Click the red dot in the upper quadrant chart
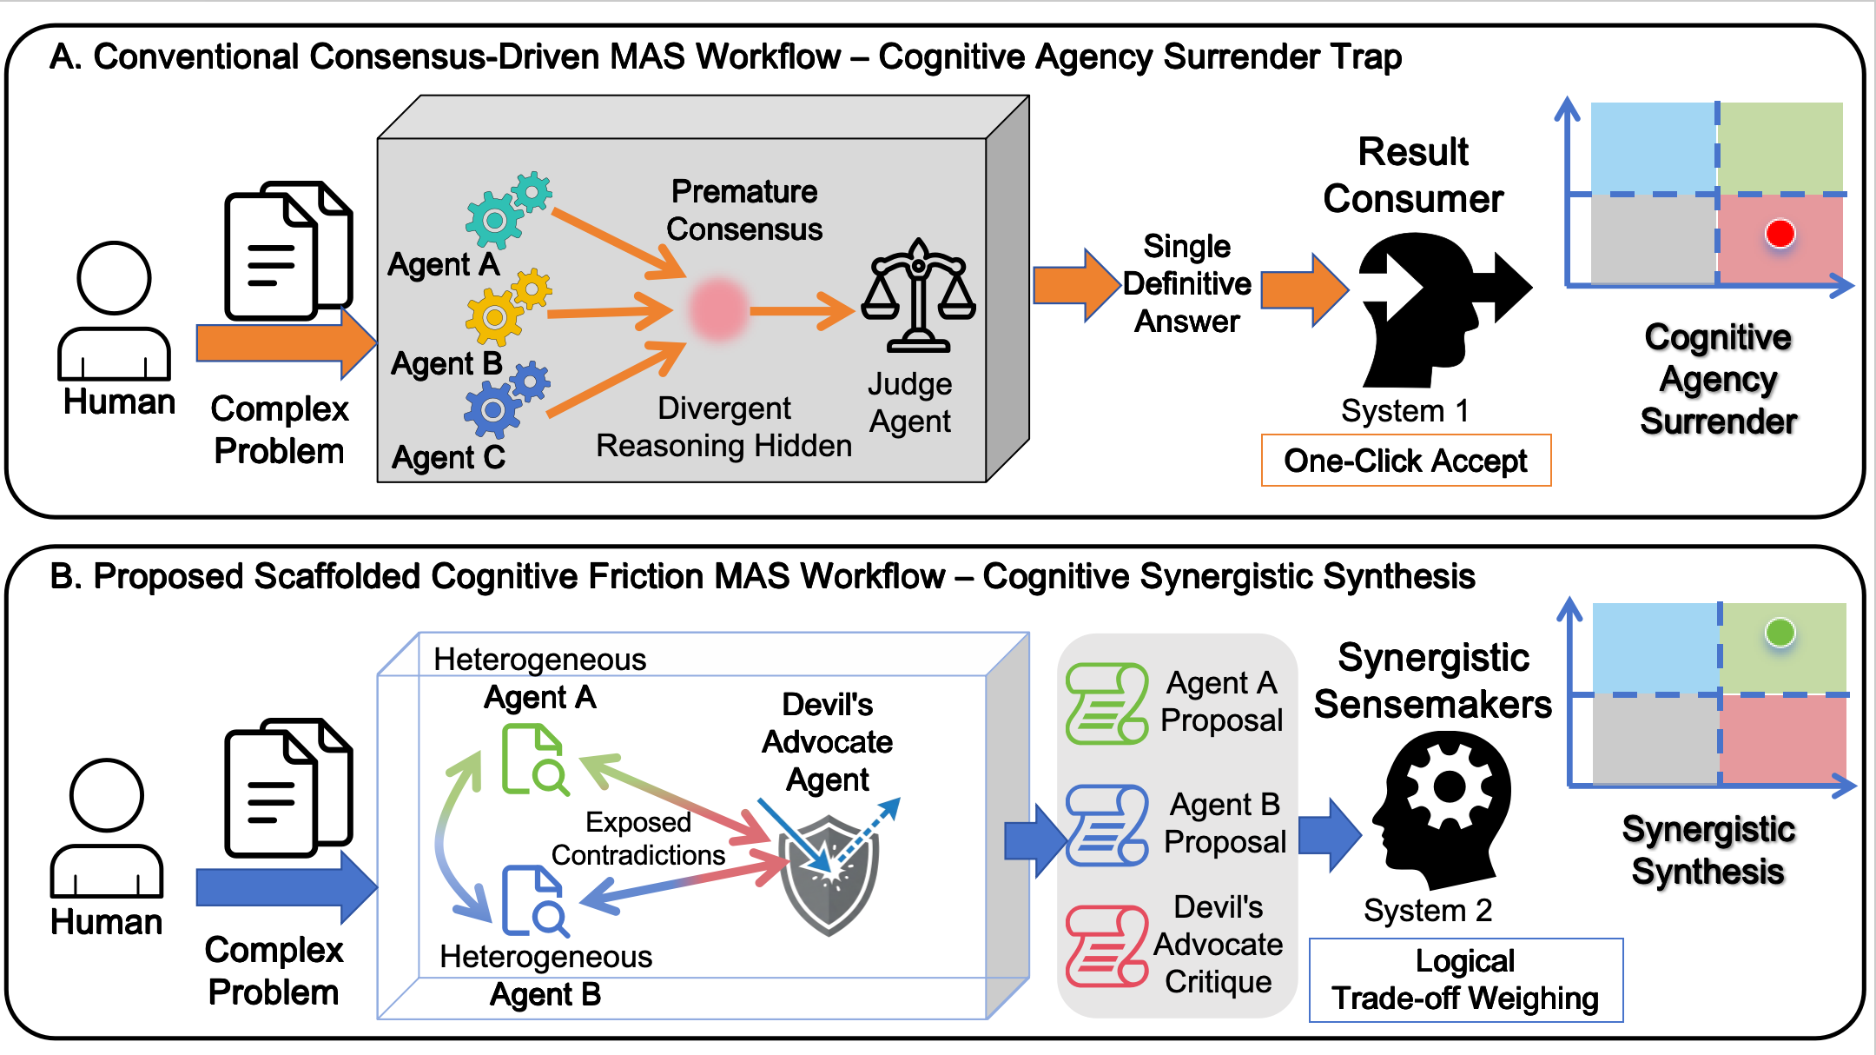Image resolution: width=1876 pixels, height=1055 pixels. (x=1780, y=234)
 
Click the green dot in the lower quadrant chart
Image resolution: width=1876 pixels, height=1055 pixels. (x=1780, y=632)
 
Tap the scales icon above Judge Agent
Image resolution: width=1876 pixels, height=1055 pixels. (x=919, y=295)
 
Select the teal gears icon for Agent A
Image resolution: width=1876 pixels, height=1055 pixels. (x=508, y=209)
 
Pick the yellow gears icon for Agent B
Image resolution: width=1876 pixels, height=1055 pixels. (x=508, y=308)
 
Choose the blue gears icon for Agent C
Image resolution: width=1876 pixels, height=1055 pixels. (x=506, y=401)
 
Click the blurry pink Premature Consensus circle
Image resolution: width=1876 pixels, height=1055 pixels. (x=718, y=309)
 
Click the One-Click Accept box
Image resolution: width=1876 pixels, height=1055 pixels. (x=1406, y=460)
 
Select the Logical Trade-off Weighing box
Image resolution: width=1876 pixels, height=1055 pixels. (x=1466, y=979)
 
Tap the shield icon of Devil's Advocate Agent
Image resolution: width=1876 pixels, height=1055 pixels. (x=829, y=873)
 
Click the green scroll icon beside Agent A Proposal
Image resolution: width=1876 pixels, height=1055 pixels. (x=1107, y=703)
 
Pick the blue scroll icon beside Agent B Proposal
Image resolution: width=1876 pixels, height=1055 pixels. (x=1107, y=825)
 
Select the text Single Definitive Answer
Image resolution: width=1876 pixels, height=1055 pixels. (x=1187, y=283)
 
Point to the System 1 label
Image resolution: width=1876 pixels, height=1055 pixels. (x=1404, y=410)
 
